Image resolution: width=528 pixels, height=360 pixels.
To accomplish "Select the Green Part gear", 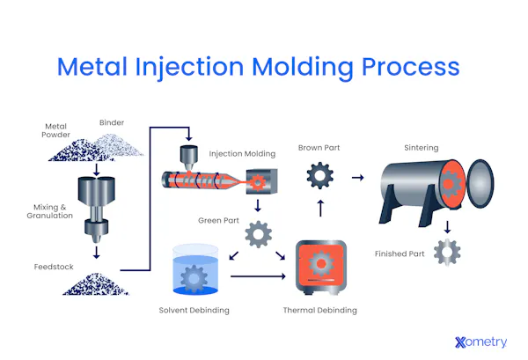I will [x=257, y=233].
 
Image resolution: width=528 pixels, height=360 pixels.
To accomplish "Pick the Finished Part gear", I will [x=447, y=253].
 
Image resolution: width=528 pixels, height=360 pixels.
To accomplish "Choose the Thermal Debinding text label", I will [x=319, y=310].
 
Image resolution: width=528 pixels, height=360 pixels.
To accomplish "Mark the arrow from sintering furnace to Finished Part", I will [x=447, y=227].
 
